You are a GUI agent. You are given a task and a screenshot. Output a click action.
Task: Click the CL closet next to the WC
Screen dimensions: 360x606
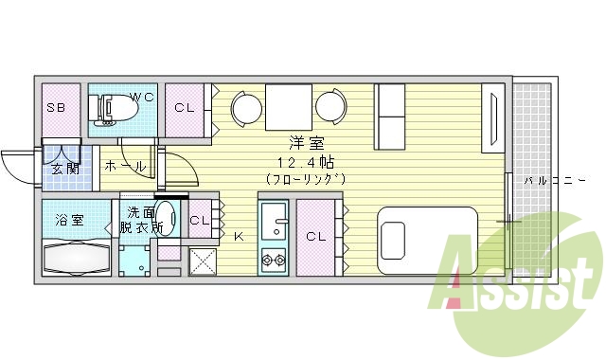[186, 107]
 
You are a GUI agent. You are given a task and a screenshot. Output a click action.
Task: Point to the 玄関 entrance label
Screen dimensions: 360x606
[63, 169]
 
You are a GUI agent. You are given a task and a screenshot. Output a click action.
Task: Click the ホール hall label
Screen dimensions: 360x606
[125, 166]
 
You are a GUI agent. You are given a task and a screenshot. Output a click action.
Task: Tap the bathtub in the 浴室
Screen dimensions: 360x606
[76, 258]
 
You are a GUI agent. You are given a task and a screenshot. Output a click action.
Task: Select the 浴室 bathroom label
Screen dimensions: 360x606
[68, 220]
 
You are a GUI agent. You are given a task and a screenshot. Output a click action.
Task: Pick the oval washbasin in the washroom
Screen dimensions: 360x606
[166, 217]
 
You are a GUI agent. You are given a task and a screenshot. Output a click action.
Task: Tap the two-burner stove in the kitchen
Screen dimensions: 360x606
[275, 257]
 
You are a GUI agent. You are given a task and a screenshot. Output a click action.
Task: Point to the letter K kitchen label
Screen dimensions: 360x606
[239, 237]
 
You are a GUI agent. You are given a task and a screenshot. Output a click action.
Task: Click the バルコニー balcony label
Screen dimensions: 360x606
[549, 179]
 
